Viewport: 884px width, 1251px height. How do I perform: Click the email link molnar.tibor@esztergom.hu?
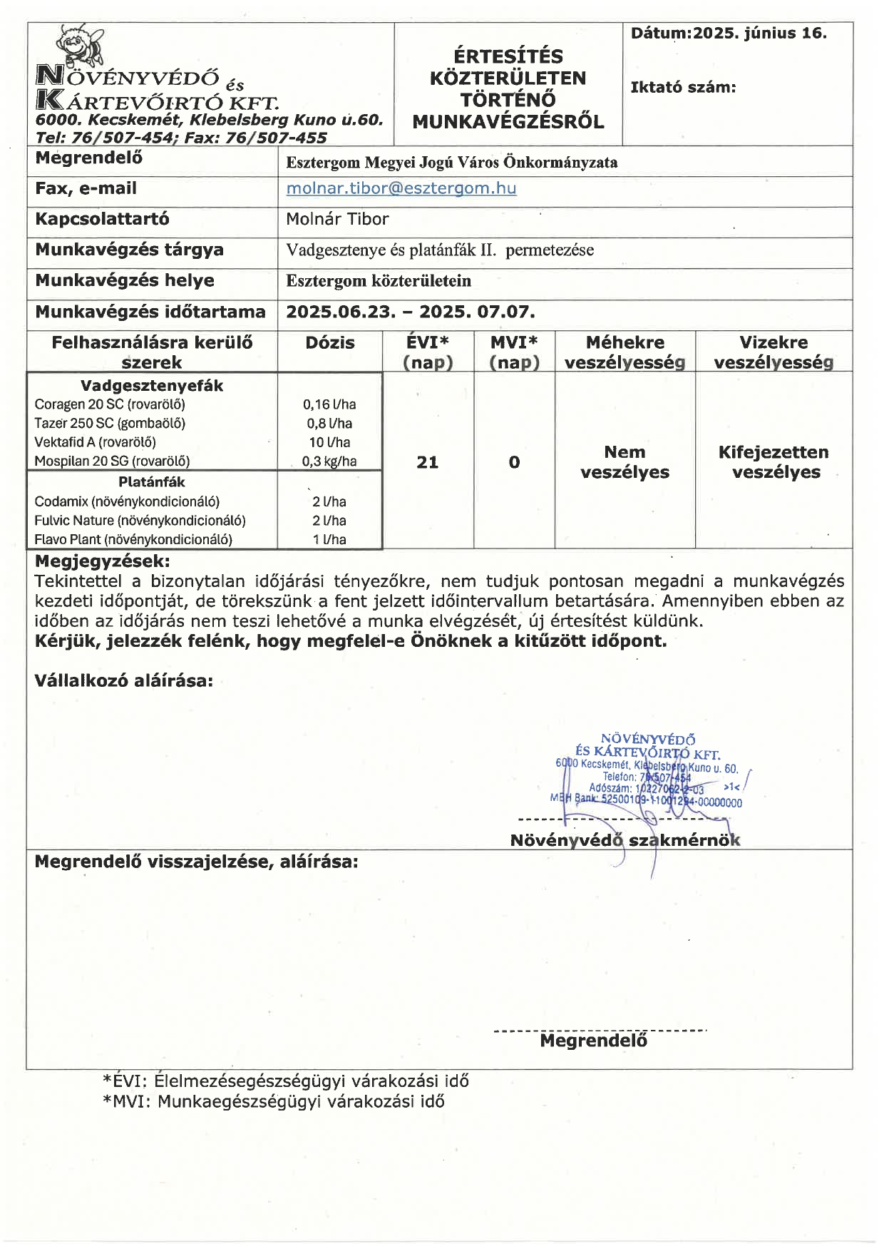(401, 188)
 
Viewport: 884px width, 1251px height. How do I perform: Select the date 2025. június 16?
(760, 33)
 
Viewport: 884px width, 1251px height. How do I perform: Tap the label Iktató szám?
(682, 87)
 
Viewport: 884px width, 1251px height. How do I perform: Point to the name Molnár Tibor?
(337, 219)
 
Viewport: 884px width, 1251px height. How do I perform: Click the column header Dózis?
(329, 343)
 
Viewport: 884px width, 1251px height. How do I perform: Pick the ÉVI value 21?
(427, 462)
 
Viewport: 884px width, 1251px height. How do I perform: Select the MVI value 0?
(514, 462)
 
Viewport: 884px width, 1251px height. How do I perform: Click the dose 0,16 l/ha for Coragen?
(329, 404)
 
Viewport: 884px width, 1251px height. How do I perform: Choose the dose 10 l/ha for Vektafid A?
(329, 442)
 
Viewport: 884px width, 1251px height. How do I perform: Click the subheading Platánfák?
(151, 482)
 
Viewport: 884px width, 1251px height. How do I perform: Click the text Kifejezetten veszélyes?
(773, 462)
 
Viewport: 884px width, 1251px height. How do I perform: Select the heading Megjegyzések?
(102, 561)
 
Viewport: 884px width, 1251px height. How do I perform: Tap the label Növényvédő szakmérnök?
(625, 840)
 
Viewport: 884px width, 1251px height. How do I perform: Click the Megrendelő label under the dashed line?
(593, 1041)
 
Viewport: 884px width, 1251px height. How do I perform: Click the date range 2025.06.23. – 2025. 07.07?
(410, 312)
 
